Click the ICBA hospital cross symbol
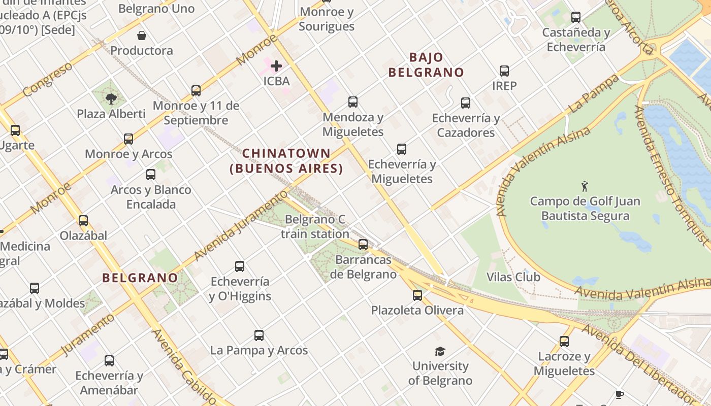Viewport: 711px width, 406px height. tap(276, 66)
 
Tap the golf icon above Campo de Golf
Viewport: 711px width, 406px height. tap(585, 186)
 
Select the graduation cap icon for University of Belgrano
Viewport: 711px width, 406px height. tap(440, 351)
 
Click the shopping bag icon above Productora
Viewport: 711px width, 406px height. tap(142, 36)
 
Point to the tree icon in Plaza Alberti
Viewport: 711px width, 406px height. tap(111, 98)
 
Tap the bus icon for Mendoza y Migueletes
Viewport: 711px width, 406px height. tap(353, 102)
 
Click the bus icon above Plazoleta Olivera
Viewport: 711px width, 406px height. tap(417, 295)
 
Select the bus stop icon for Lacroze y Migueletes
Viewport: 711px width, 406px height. tap(564, 342)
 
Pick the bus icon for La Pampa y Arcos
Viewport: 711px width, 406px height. tap(259, 335)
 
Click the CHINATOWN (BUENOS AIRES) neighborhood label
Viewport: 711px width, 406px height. tap(286, 160)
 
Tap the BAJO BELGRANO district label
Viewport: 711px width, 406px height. tap(426, 65)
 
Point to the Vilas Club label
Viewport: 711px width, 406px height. tap(513, 277)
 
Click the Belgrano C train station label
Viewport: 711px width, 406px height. tap(315, 227)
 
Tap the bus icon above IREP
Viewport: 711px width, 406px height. tap(504, 71)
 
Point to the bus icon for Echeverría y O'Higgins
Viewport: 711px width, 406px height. tap(240, 266)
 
